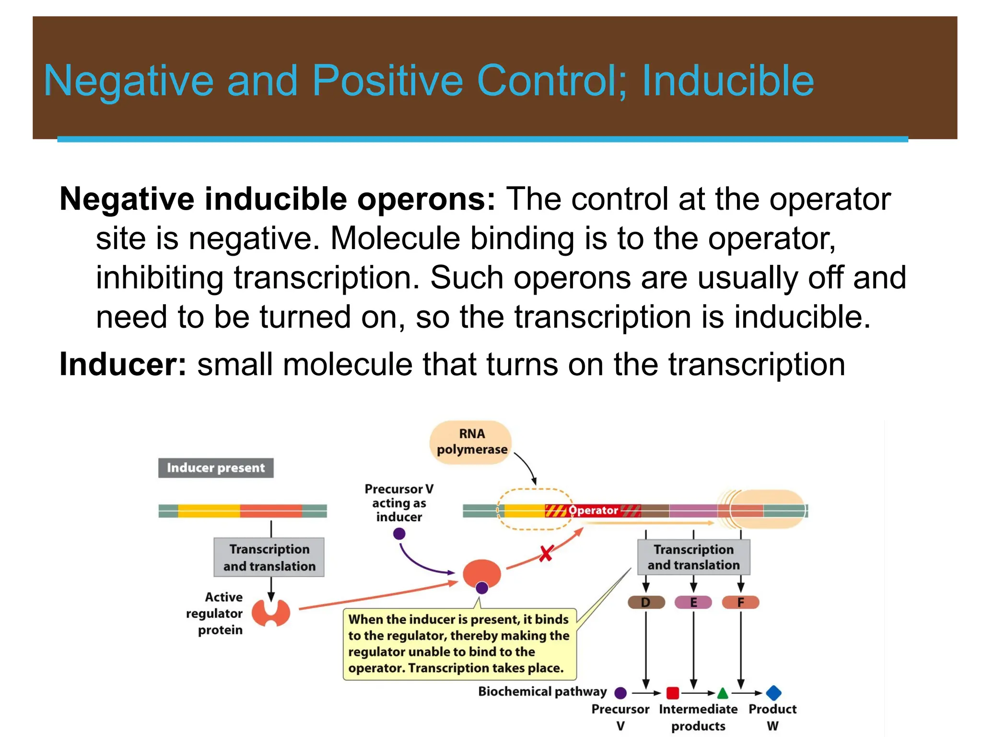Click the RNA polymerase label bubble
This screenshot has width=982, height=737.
click(x=471, y=442)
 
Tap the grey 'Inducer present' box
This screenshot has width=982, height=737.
click(x=216, y=468)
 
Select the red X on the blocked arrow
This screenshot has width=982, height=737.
click(x=546, y=553)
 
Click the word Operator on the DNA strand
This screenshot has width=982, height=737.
click(x=593, y=511)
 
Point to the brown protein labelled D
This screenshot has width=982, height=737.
click(x=646, y=602)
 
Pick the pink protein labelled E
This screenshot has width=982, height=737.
click(x=693, y=602)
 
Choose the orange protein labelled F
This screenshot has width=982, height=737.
click(x=740, y=602)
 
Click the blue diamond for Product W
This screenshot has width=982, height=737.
click(x=773, y=693)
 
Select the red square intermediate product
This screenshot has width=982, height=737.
click(x=673, y=693)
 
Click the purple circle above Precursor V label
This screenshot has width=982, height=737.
click(x=620, y=693)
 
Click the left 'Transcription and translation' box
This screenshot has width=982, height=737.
click(x=269, y=557)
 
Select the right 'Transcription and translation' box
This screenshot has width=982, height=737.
click(x=693, y=557)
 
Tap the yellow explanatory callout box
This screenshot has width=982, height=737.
click(x=459, y=644)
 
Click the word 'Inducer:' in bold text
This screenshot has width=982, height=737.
click(x=123, y=364)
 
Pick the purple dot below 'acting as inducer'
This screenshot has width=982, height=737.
click(x=399, y=534)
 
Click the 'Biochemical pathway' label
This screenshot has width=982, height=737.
click(x=542, y=691)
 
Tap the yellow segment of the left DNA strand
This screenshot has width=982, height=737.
click(x=209, y=511)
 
